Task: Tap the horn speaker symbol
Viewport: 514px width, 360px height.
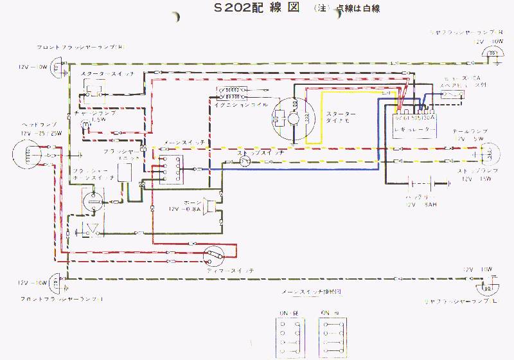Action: click(209, 207)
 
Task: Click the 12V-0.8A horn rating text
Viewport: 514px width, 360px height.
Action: click(184, 210)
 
